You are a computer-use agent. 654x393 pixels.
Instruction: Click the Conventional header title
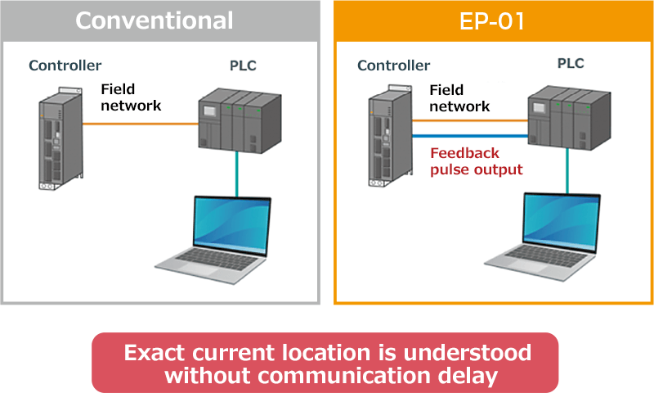[x=154, y=20]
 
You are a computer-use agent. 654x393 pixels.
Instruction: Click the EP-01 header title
[x=492, y=21]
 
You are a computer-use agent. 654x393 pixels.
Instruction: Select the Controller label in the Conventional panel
[x=65, y=65]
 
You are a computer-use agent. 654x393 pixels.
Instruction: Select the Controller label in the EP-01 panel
[x=394, y=65]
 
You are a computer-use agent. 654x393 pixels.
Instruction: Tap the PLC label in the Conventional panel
[x=243, y=65]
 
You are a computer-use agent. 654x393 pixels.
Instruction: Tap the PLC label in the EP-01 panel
[x=571, y=63]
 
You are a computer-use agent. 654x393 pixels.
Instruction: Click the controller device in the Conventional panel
[x=60, y=138]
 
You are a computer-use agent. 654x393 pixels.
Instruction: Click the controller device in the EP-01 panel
[x=391, y=136]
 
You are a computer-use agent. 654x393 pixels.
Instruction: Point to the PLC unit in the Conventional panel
[x=240, y=120]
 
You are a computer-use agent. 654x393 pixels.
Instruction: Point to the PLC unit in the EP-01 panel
[x=569, y=117]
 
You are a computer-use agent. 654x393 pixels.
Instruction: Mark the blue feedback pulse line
[x=470, y=136]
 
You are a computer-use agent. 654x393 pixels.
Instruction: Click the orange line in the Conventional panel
[x=141, y=124]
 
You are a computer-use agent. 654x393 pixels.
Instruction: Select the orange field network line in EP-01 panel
[x=470, y=120]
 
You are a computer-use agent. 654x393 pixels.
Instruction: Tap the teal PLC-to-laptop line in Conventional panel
[x=237, y=174]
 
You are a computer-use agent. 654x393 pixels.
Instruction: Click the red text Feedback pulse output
[x=477, y=161]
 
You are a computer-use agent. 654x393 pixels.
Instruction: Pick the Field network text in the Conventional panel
[x=131, y=97]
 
